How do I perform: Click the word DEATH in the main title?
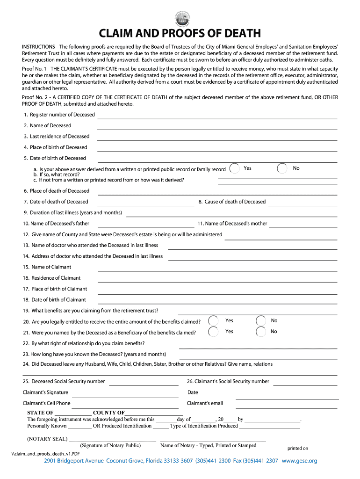(239, 34)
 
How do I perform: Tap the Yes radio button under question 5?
(236, 168)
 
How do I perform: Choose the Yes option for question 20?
(213, 321)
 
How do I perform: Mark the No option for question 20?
(261, 321)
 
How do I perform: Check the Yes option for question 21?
(213, 332)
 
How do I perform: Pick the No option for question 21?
(261, 332)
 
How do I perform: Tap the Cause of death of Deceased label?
(235, 202)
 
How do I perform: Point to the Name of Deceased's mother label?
(232, 224)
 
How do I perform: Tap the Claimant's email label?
(205, 403)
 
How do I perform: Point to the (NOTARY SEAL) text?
(47, 439)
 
